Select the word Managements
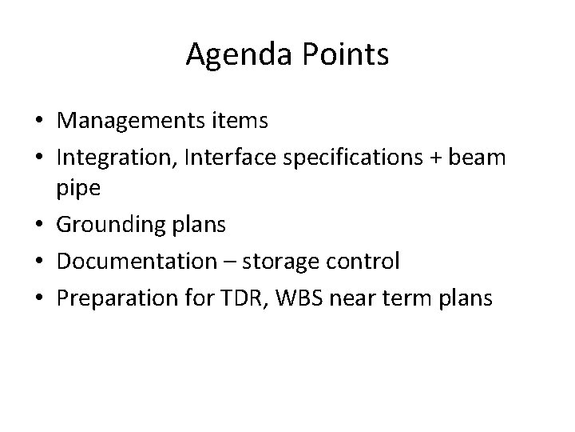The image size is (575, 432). (135, 121)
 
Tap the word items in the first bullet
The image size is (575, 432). (242, 121)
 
